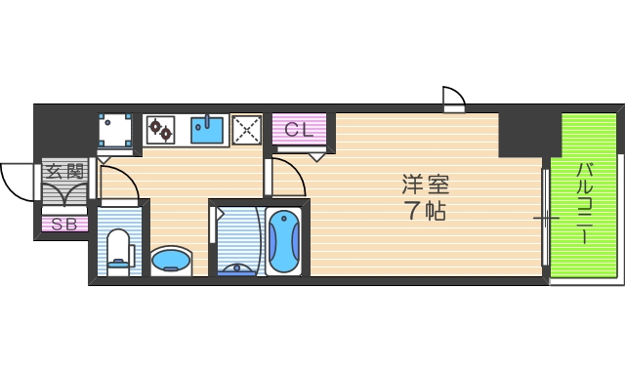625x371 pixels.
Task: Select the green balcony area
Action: click(589, 195)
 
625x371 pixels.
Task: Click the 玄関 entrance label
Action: click(65, 172)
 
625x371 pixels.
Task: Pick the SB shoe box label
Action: click(64, 225)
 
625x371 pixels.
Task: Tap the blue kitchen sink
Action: click(207, 129)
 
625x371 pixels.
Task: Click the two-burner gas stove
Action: click(161, 129)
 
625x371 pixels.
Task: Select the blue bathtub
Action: click(284, 243)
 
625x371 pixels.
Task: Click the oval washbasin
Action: click(172, 260)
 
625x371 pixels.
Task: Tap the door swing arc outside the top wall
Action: click(453, 98)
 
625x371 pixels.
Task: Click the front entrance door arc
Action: click(18, 180)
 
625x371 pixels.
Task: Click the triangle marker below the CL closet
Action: click(316, 156)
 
